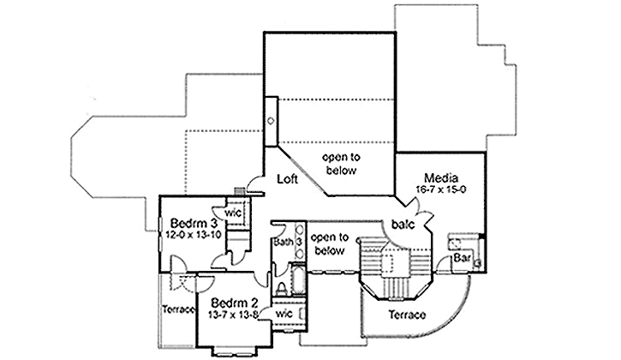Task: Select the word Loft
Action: pos(286,180)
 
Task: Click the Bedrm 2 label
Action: pos(233,303)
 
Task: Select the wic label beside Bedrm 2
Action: pos(285,314)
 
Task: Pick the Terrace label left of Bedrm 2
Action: pos(178,309)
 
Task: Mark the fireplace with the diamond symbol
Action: pos(270,121)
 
